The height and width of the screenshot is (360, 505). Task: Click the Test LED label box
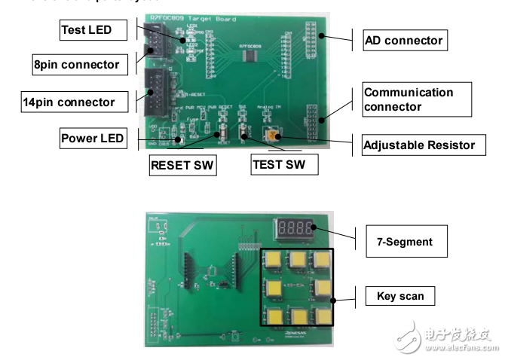coord(86,30)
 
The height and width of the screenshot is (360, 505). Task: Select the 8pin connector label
coord(76,65)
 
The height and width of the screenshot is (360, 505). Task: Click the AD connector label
coord(403,40)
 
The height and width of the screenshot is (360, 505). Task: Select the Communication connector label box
coord(416,99)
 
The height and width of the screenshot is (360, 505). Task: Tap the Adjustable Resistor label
coord(419,145)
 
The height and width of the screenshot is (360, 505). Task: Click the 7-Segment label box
coord(404,242)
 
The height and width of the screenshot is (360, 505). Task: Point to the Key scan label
coord(400,296)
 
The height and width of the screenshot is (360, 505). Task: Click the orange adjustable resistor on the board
coord(271,136)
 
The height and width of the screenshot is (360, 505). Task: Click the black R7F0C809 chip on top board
coord(248,59)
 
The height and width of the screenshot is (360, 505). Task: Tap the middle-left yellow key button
coord(274,288)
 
